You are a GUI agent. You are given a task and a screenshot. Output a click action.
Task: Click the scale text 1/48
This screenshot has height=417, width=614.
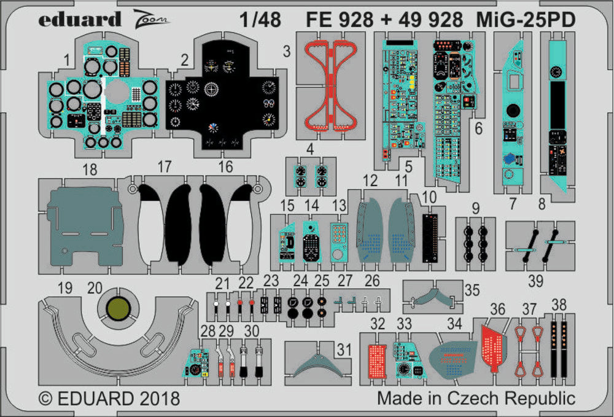tap(260, 20)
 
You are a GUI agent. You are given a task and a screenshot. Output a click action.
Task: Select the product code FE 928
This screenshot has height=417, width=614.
tap(339, 20)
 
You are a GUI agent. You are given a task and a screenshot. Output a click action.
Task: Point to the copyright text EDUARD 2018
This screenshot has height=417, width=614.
tap(109, 399)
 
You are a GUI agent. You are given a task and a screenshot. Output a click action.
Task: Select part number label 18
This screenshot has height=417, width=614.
tap(90, 170)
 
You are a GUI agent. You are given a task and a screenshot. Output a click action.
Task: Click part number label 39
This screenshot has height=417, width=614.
tap(535, 281)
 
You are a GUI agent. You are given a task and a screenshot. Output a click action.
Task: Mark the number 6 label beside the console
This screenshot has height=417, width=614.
tap(478, 129)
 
